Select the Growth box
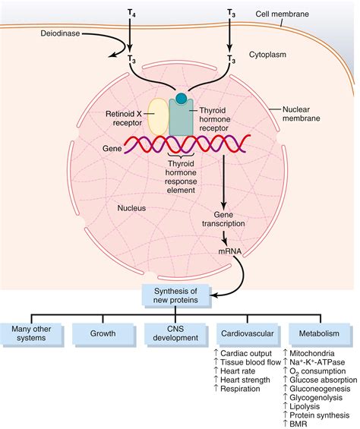coord(103,333)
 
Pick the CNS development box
coord(175,333)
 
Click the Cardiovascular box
coord(245,333)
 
